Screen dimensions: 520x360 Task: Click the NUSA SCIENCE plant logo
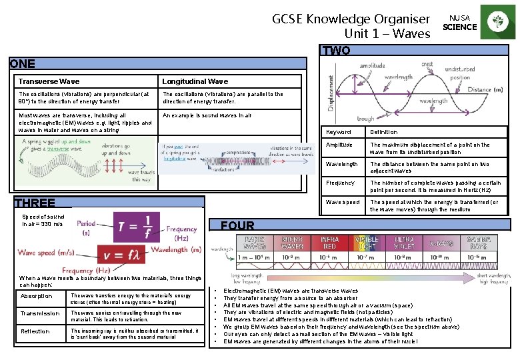point(497,23)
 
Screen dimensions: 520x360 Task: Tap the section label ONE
point(22,64)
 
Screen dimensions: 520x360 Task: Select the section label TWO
point(336,51)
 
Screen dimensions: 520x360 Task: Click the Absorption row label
point(37,296)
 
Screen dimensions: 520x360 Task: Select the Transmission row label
point(40,313)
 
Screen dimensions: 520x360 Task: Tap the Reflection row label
point(35,331)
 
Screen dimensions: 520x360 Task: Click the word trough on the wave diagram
point(365,119)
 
